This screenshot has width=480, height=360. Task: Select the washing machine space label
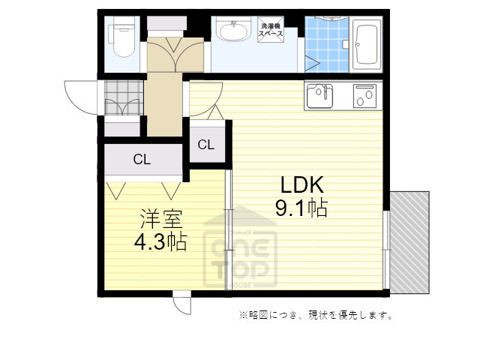[270, 29]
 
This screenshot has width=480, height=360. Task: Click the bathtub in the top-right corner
[367, 43]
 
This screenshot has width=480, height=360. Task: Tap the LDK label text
[301, 184]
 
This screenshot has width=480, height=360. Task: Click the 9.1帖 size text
[301, 208]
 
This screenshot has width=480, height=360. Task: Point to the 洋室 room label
[161, 220]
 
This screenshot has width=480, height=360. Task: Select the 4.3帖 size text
[161, 241]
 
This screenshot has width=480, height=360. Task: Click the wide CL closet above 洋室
[142, 158]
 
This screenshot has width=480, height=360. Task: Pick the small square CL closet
[205, 144]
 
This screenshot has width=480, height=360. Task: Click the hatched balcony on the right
[409, 241]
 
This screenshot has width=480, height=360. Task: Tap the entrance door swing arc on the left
[81, 94]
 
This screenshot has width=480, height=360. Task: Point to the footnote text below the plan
[316, 315]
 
